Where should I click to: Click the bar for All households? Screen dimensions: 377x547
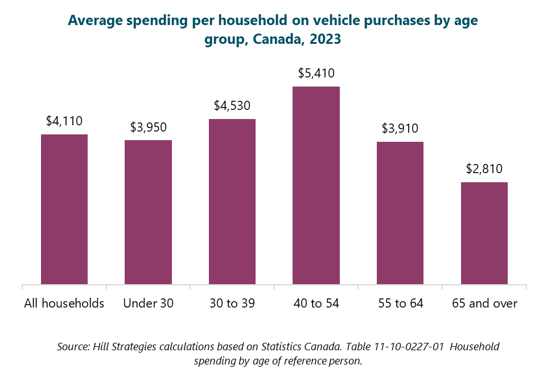[64, 209]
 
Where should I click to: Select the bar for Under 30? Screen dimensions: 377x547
[148, 212]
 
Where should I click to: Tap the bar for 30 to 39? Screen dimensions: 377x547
[232, 201]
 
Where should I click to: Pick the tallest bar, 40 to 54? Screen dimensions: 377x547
[316, 185]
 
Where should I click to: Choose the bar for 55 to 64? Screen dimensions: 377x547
[400, 212]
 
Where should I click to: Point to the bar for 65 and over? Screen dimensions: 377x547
[484, 233]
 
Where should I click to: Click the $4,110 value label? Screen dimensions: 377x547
[64, 121]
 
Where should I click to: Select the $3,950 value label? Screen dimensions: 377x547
[148, 126]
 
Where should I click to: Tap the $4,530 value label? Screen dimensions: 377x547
[232, 105]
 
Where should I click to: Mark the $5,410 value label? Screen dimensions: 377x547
[316, 73]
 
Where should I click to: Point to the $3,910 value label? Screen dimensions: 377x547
[400, 128]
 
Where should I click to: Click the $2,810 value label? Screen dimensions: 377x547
[484, 169]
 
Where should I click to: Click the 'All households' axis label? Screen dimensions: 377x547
[64, 303]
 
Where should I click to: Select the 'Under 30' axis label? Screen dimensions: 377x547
[148, 303]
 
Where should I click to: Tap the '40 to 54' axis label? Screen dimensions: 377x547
[316, 303]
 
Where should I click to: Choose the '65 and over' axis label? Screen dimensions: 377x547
[484, 303]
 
